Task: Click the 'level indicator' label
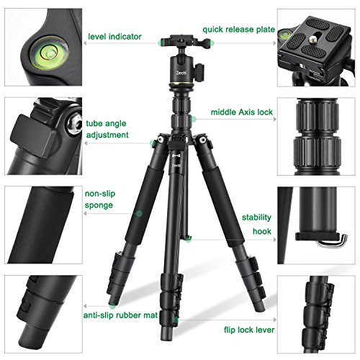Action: pos(114,37)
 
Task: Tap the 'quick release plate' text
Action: pos(238,30)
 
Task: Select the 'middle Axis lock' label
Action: pos(242,112)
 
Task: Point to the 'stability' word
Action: pos(256,217)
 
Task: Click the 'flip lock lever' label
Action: pos(249,330)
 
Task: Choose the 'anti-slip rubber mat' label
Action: pos(120,315)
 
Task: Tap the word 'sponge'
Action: pos(99,206)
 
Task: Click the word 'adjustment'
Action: pos(107,135)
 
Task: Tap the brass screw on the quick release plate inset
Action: pos(312,39)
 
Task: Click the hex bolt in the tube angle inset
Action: pos(75,123)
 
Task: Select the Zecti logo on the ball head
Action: pos(181,73)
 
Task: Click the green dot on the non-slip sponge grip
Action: pos(139,213)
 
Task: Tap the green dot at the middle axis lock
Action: pos(193,119)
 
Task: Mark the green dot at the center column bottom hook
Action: pos(189,239)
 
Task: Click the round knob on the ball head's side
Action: pos(199,71)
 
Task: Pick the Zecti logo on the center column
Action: pos(176,166)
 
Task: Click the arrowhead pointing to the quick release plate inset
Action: pos(274,43)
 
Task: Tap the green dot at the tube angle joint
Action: pos(152,143)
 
